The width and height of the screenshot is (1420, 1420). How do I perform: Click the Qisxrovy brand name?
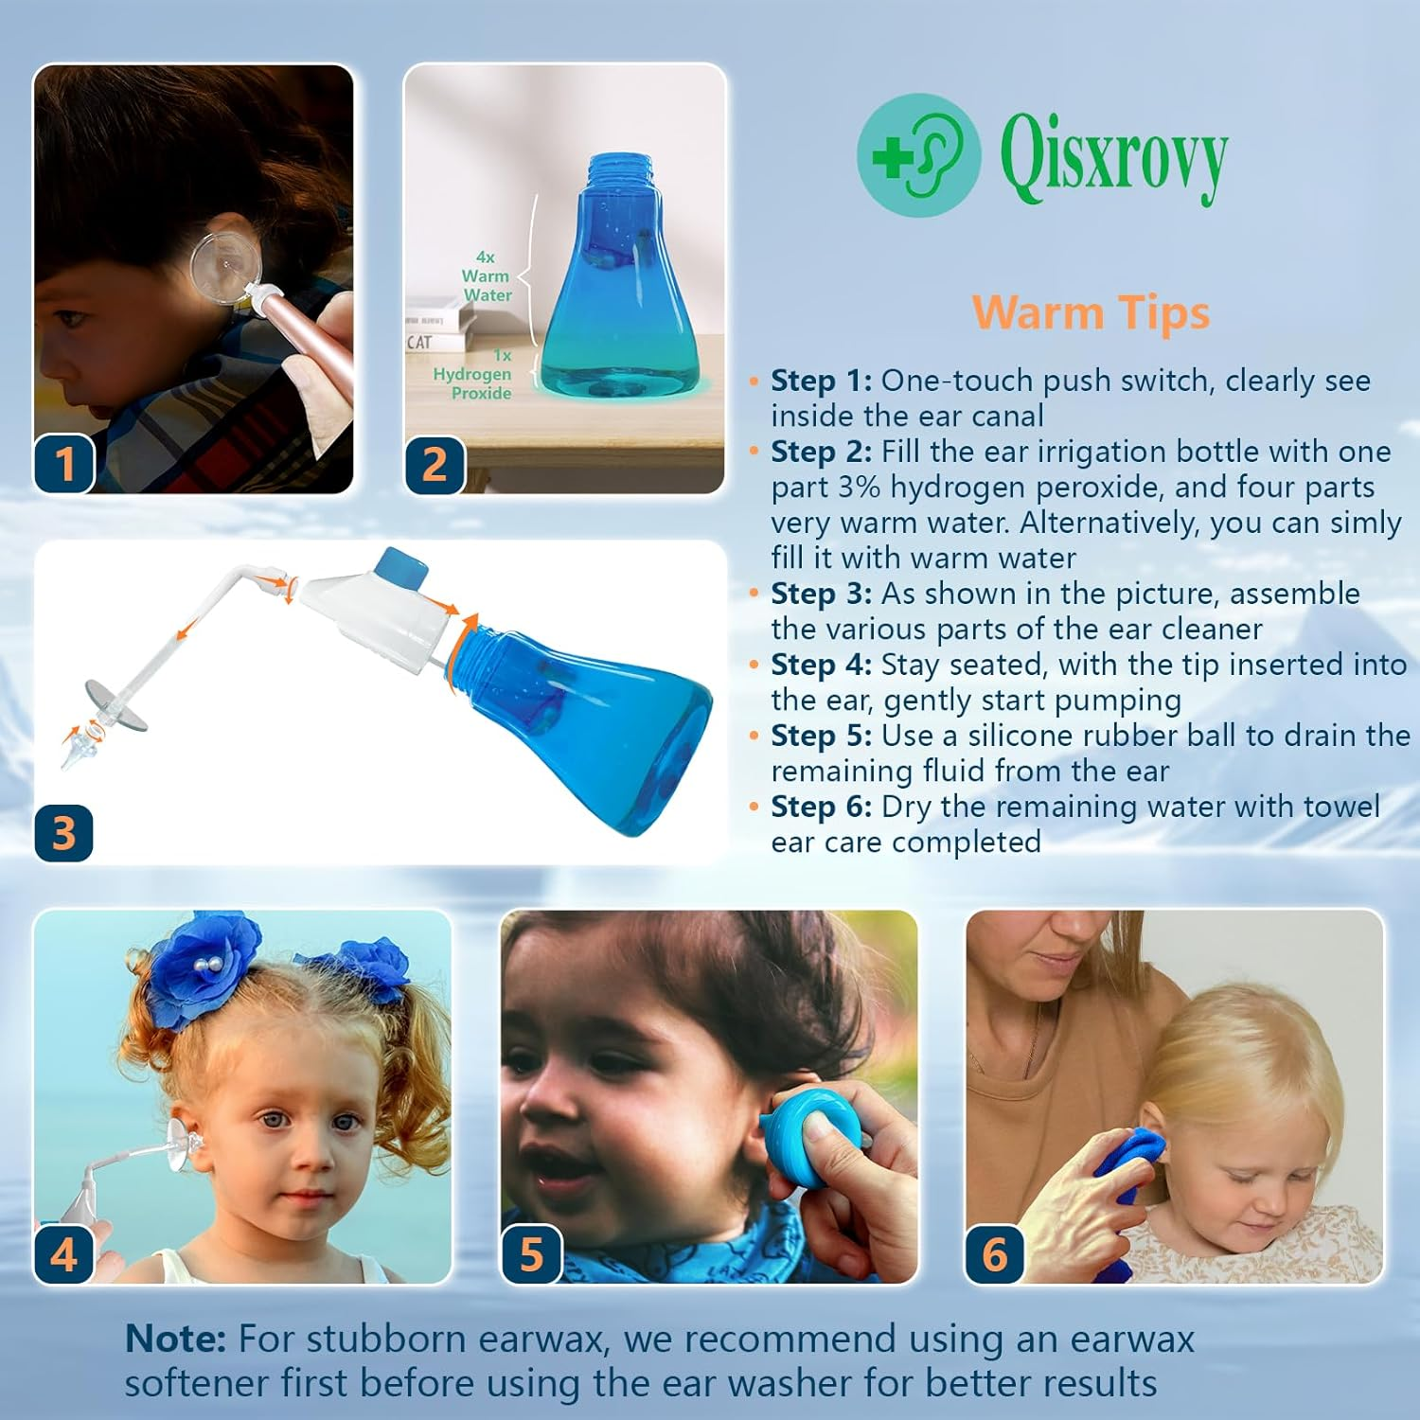tap(1113, 157)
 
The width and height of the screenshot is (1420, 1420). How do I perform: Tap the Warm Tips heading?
tap(1091, 313)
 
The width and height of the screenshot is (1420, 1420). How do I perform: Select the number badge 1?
tap(64, 464)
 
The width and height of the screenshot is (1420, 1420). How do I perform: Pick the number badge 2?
tap(435, 464)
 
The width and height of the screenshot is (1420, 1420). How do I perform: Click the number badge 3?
tap(63, 833)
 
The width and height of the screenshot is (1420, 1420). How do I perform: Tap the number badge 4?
tap(63, 1254)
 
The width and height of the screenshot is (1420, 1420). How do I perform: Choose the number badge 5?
tap(531, 1254)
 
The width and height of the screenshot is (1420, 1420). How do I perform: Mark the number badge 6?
tap(995, 1254)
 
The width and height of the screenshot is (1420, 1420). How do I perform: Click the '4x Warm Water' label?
tap(486, 276)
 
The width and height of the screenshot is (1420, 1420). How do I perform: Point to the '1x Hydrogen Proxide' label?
tap(473, 375)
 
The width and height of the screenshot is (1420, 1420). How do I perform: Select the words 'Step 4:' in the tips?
tap(821, 665)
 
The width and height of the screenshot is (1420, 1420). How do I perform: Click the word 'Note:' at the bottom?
tap(175, 1339)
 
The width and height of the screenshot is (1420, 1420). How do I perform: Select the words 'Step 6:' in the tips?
tap(821, 807)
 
